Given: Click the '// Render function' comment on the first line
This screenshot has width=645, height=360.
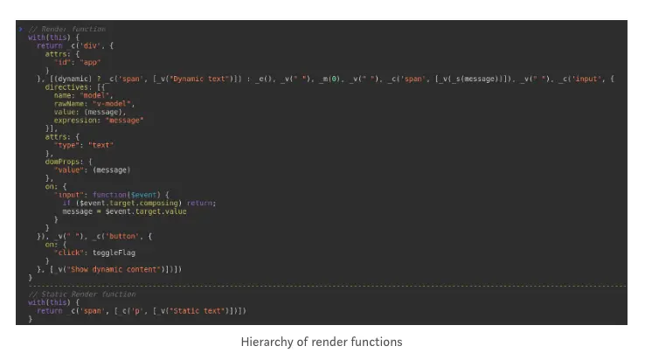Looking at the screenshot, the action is pos(60,29).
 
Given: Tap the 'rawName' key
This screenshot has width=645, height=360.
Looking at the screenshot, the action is pos(72,103).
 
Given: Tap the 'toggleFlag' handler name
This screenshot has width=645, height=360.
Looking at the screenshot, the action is pos(114,253).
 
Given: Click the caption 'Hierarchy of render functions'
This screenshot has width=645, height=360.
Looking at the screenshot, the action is pos(322,342).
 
